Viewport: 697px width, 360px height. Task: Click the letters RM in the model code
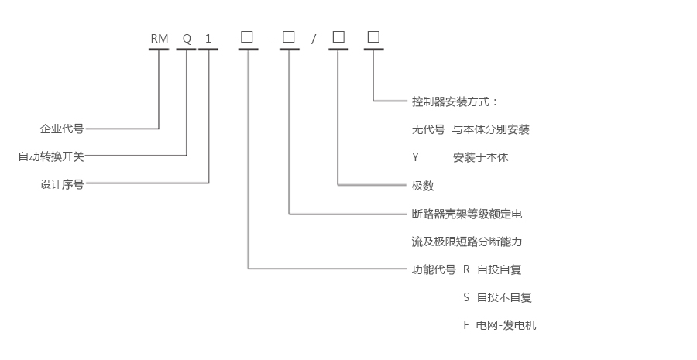(x=160, y=38)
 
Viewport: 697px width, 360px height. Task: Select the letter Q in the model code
(x=187, y=38)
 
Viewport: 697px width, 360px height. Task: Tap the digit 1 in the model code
(x=208, y=38)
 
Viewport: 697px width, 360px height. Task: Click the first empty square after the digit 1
(x=247, y=36)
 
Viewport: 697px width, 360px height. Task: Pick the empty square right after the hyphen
(x=289, y=36)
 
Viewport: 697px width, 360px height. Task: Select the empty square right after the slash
(x=338, y=36)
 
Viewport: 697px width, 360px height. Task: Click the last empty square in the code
(x=373, y=36)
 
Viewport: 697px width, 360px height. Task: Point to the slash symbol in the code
(x=314, y=39)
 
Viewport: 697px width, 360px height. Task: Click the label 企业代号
(x=62, y=129)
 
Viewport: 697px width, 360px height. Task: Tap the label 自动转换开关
(x=51, y=156)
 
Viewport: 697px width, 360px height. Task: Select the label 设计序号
(x=62, y=184)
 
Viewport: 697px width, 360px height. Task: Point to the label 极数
(x=423, y=186)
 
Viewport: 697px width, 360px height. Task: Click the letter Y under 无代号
(x=415, y=157)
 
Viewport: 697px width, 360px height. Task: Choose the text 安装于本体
(x=481, y=157)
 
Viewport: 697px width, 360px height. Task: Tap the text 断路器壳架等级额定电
(x=467, y=214)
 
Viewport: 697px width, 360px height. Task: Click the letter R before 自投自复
(x=467, y=269)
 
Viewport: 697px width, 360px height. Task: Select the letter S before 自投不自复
(x=467, y=297)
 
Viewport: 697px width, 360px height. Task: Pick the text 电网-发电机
(x=506, y=325)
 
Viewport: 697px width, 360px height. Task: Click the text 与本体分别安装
(x=491, y=129)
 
